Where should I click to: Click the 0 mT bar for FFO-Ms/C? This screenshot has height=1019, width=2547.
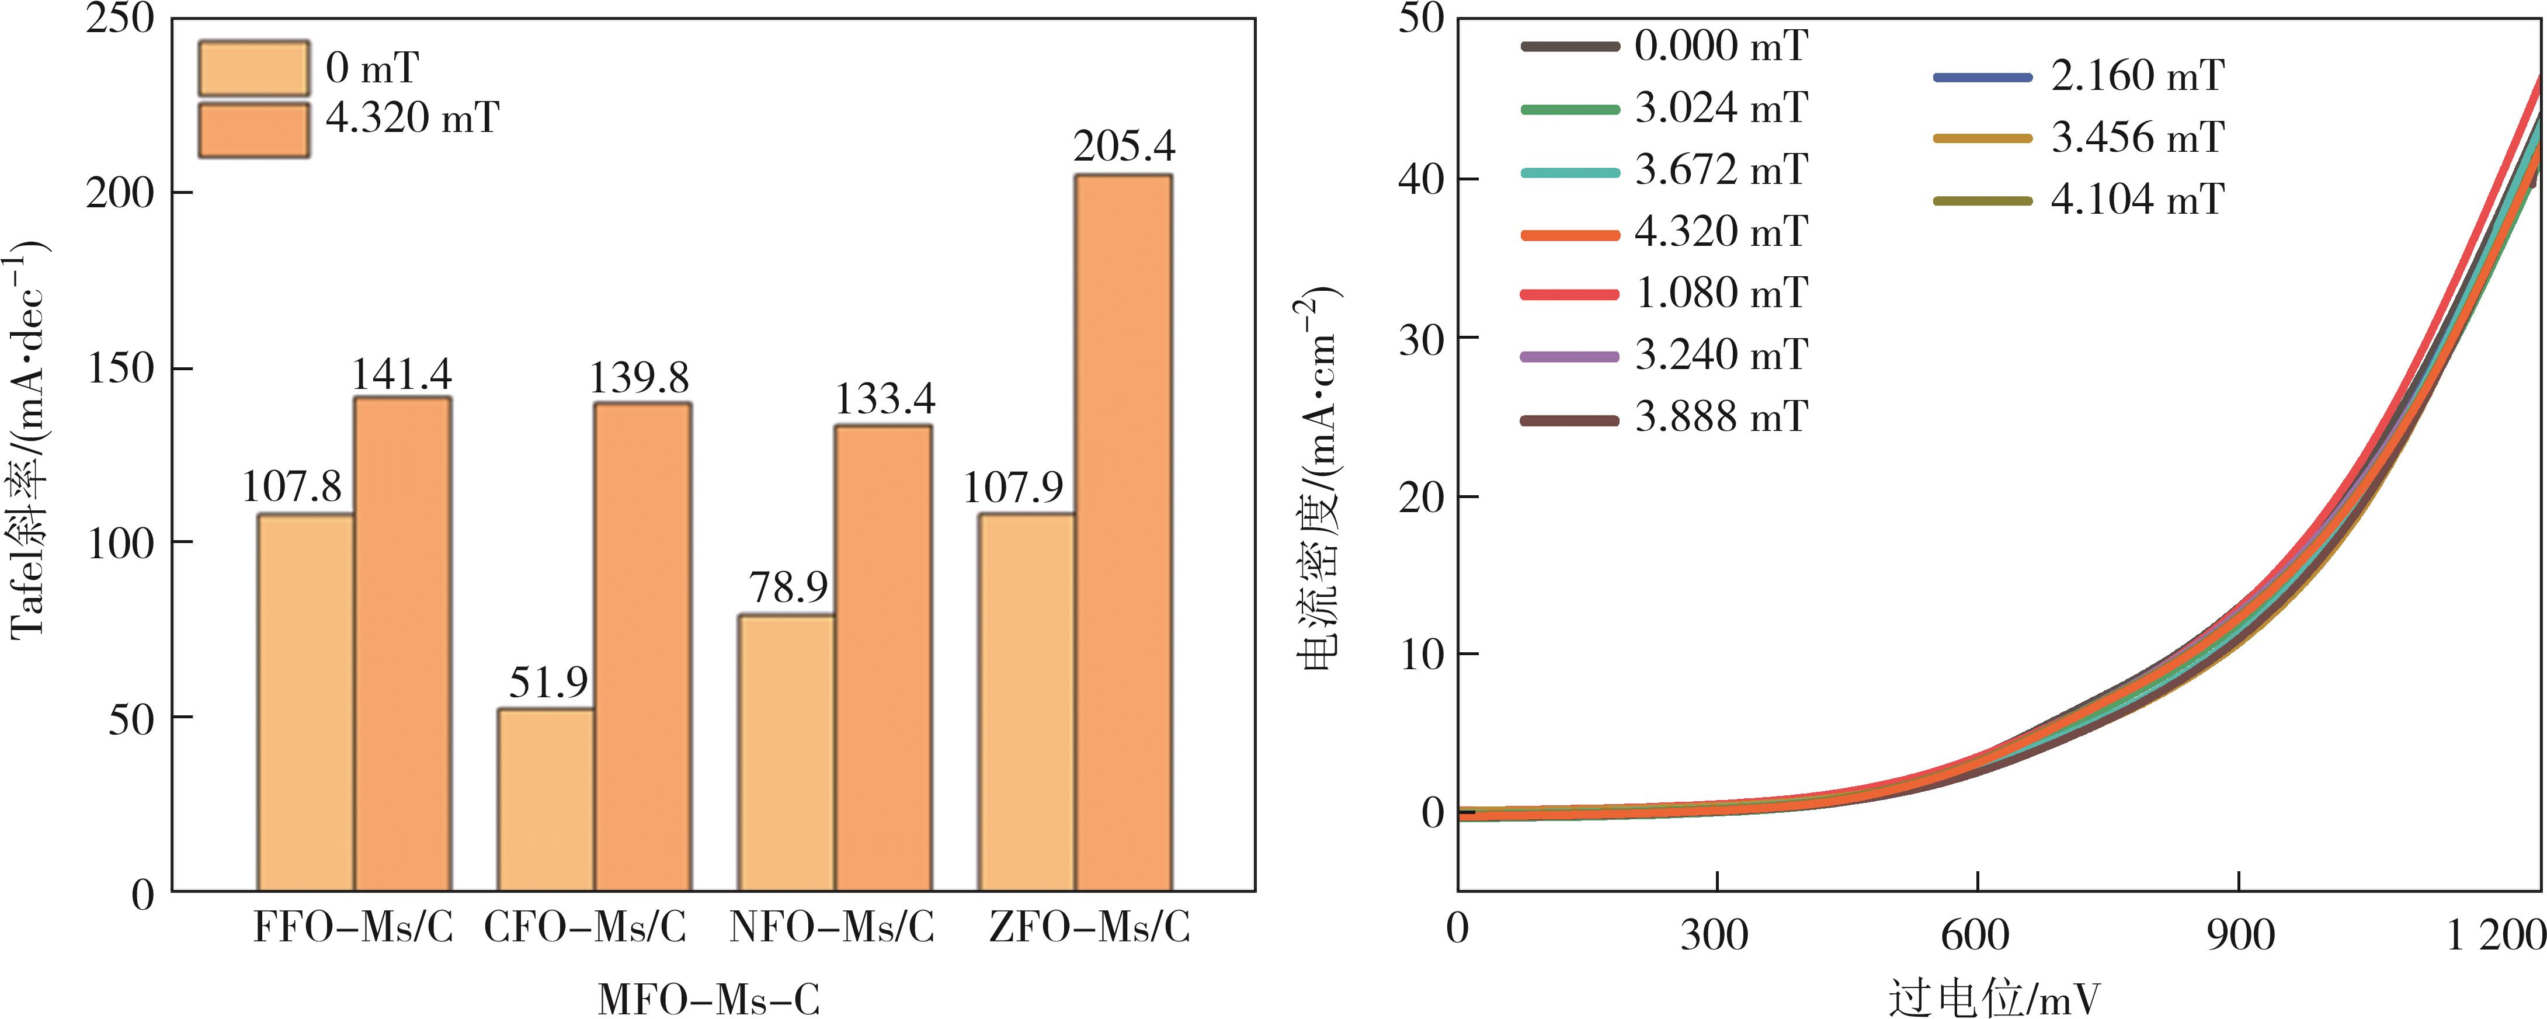click(305, 702)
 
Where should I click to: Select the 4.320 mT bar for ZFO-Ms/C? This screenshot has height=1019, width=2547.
click(1123, 534)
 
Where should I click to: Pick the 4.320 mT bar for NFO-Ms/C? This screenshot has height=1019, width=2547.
click(883, 658)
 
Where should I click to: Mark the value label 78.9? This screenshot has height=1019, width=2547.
click(788, 588)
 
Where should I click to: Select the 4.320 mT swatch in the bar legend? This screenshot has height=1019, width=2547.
click(253, 130)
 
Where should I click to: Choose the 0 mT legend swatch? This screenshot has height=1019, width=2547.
click(253, 68)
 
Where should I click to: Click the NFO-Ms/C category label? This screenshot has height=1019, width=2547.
click(832, 928)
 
